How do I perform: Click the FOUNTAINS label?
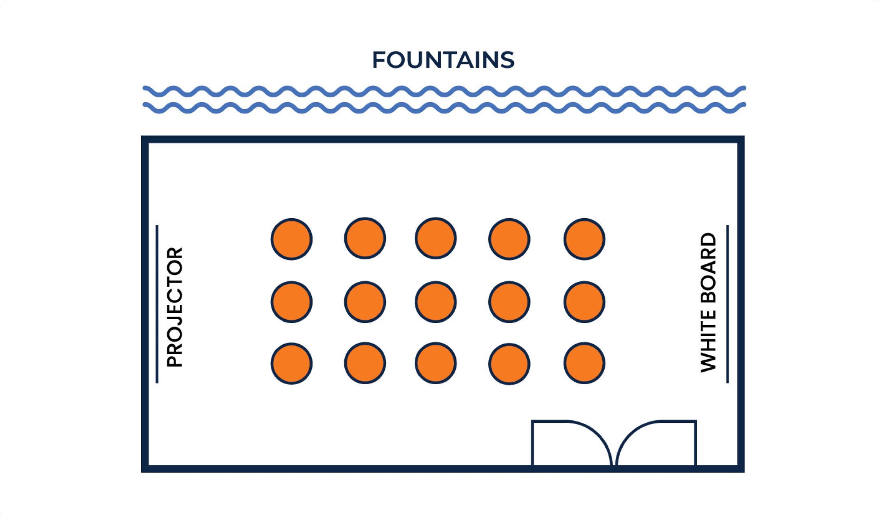pos(443,60)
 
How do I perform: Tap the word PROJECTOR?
pos(175,307)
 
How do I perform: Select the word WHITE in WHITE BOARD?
pos(708,341)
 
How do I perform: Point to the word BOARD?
pos(708,268)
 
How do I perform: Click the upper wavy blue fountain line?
pos(444,91)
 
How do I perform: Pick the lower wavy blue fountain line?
pos(444,108)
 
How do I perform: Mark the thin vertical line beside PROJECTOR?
pos(157,304)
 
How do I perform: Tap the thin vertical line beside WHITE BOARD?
pos(727,304)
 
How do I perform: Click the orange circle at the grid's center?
pos(436,302)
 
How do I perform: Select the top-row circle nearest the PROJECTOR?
pos(292,239)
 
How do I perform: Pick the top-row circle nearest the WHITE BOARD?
pos(584,239)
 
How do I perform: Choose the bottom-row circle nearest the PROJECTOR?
pos(292,364)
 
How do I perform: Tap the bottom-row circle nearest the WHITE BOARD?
pos(584,363)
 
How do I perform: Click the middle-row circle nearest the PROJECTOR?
pos(292,302)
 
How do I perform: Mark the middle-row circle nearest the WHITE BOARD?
pos(584,302)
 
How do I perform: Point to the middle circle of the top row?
pos(436,238)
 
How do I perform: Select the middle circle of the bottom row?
pos(436,363)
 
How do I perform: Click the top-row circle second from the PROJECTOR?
pos(365,238)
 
